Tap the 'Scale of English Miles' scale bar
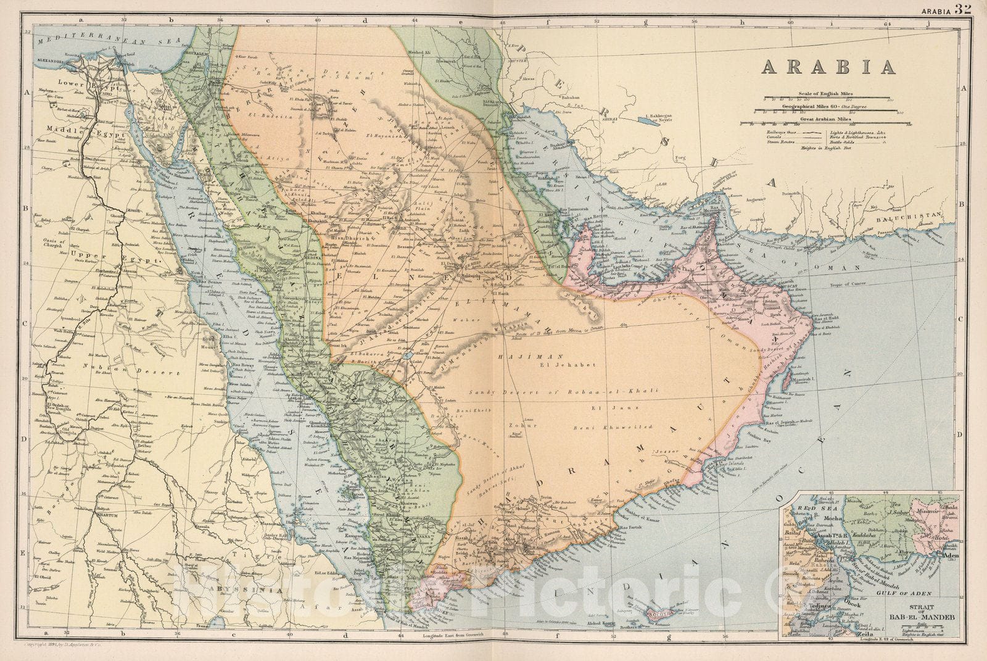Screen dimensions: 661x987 click(827, 98)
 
